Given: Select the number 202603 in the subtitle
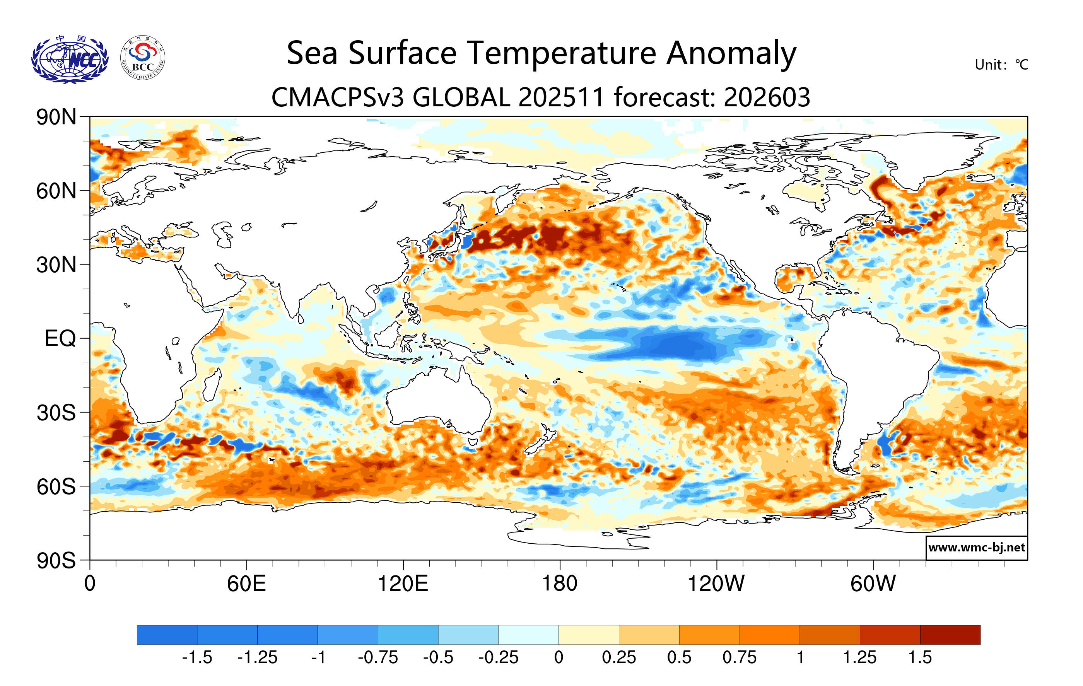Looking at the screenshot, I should point(767,97).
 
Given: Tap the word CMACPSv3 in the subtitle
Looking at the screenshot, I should point(337,97).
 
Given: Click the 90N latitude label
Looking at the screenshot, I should point(56,117).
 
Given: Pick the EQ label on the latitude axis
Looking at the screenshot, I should point(60,338).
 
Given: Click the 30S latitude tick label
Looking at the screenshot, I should point(56,413).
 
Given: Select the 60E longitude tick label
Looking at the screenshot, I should point(246,584).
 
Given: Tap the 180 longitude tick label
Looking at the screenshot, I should point(560,584).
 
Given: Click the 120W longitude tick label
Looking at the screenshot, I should point(716,584).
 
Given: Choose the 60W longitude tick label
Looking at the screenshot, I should point(873,584).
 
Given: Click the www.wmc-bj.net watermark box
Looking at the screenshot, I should point(976,548).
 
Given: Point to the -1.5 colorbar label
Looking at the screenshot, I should point(197,658).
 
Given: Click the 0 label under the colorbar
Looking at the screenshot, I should point(559,658).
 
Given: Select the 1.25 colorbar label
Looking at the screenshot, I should point(859,658).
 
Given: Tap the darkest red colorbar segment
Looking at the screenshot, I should point(950,635).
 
